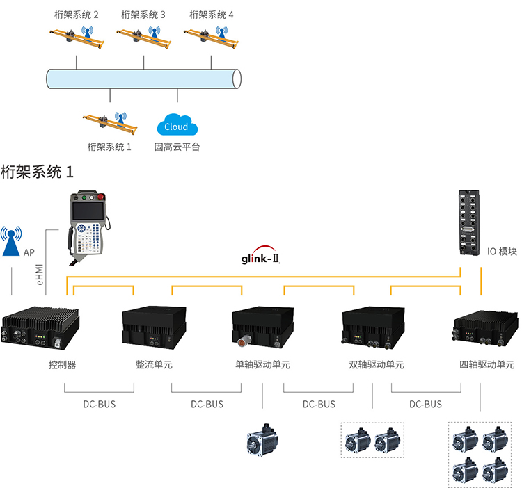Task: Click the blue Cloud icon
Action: [177, 126]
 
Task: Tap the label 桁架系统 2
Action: [76, 14]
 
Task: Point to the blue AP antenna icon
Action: [11, 243]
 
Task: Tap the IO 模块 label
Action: [502, 252]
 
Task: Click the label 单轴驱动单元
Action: [262, 364]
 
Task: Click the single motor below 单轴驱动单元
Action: [262, 441]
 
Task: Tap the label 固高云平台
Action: [177, 147]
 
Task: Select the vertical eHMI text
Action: [40, 273]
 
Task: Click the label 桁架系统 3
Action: [143, 14]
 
